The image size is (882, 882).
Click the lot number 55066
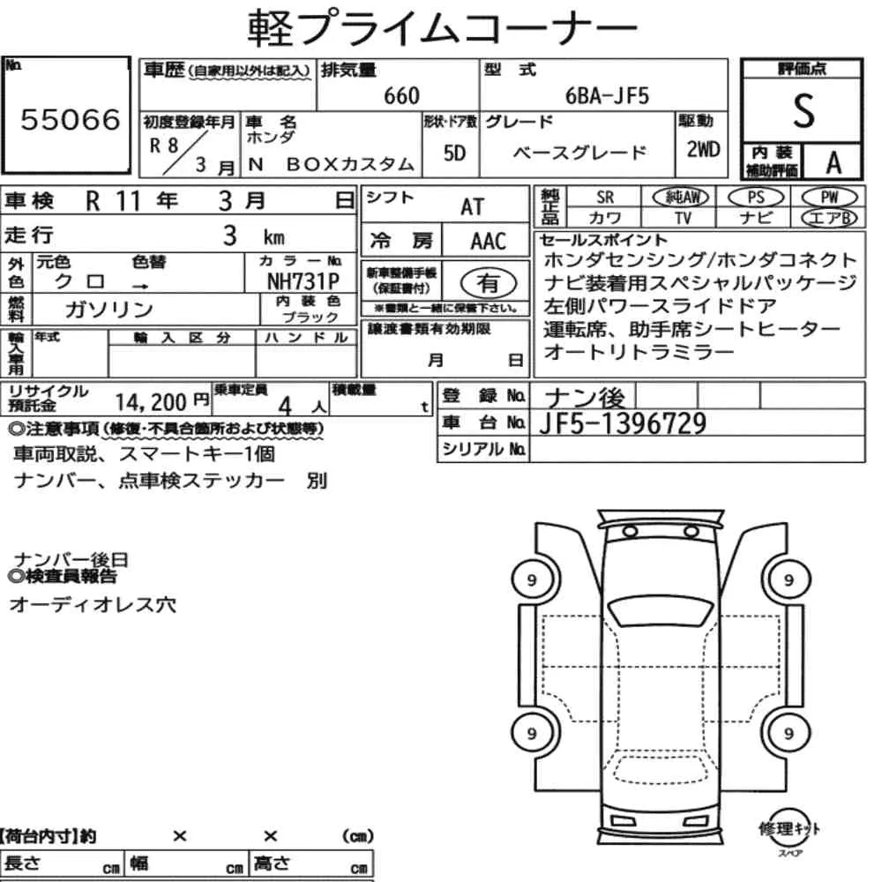[71, 119]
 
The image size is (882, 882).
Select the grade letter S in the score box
[804, 111]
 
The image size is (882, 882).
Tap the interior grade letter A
[833, 162]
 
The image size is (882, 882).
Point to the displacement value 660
[401, 95]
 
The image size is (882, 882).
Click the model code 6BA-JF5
[607, 95]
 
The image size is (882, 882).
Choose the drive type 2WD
[703, 149]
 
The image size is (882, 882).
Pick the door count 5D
[454, 153]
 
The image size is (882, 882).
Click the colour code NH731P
[303, 280]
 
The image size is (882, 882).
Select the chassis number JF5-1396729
[622, 423]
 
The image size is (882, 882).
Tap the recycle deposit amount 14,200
[151, 402]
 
